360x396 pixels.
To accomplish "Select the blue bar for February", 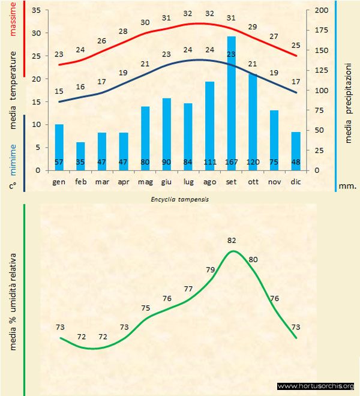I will [80, 156].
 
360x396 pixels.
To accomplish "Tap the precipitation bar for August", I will [209, 126].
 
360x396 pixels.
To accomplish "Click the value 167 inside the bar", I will [231, 162].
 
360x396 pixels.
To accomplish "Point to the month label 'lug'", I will [188, 181].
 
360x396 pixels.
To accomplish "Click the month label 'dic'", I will [296, 181].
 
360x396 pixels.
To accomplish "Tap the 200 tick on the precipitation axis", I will [322, 11].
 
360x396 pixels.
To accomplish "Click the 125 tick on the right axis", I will [322, 71].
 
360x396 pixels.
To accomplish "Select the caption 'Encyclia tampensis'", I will [179, 200].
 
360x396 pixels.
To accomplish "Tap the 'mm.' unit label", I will [347, 186].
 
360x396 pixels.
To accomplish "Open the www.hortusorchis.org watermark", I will [316, 386].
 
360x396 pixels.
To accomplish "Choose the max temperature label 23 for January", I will [59, 55].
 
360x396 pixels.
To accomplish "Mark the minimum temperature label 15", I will [59, 91].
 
